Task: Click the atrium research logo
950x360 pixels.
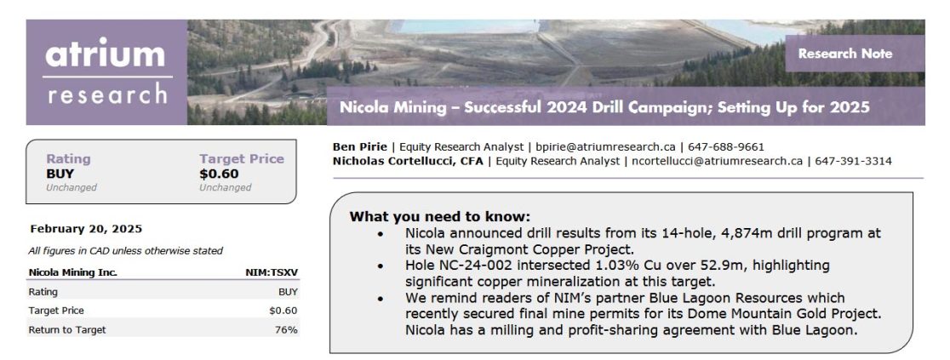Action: (106, 72)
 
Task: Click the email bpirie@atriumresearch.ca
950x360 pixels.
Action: (605, 146)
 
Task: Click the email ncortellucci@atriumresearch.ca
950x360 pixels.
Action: (717, 161)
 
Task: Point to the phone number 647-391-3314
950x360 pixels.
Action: (853, 161)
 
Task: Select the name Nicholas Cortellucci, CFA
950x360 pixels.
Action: (408, 161)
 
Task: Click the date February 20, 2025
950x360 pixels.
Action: (86, 229)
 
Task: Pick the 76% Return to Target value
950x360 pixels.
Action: (286, 329)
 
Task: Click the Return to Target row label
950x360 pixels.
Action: (67, 329)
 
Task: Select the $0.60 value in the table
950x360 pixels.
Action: (283, 311)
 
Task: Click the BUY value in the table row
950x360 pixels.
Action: (289, 292)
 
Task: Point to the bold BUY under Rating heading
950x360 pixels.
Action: (60, 174)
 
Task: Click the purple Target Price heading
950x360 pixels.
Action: (242, 159)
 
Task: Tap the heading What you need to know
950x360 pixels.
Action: (440, 217)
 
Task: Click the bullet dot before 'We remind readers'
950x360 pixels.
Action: (380, 299)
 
